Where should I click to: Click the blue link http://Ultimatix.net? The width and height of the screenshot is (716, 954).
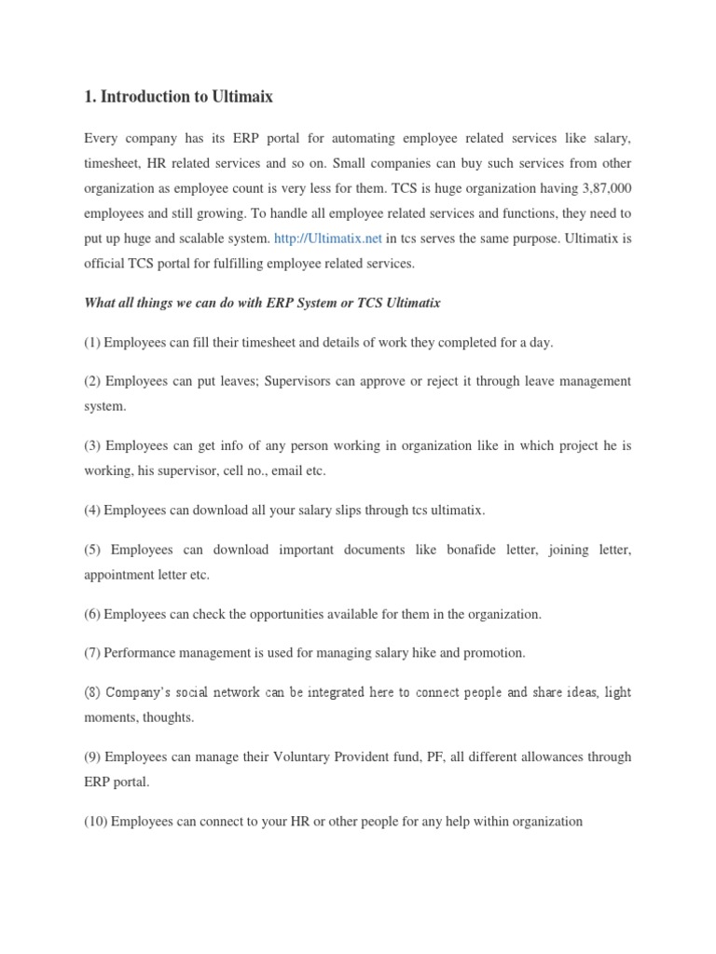pos(329,238)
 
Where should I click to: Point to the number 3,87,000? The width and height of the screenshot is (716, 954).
pos(604,188)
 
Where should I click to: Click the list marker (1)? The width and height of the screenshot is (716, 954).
pos(92,342)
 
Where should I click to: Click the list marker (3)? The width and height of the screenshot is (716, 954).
pos(92,445)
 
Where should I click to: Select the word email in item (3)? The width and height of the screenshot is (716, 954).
pos(289,471)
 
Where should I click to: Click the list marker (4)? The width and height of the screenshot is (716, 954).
pos(92,511)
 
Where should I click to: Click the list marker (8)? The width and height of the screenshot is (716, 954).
pos(92,692)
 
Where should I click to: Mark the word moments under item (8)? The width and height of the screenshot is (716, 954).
pos(113,717)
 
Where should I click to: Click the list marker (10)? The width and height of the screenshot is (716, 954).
pos(96,821)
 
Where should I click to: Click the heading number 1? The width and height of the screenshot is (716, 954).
pos(89,96)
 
